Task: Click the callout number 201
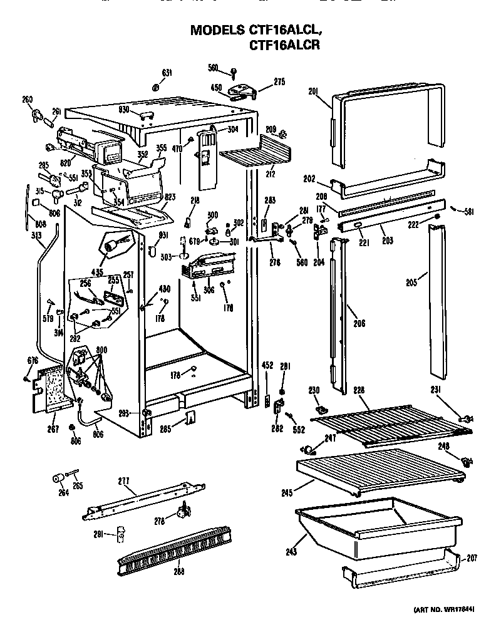[x=313, y=91]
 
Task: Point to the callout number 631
[x=167, y=73]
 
